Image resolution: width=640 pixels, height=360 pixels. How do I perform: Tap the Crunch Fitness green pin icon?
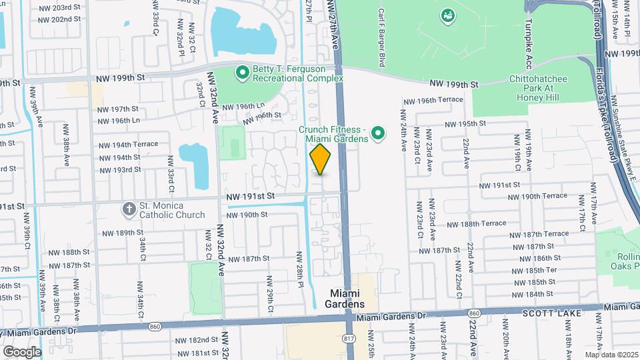(378, 133)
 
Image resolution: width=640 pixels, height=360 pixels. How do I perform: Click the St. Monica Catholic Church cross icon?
(129, 209)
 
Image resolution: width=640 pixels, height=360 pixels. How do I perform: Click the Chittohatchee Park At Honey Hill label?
(542, 88)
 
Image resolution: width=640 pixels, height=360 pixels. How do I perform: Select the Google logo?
(21, 351)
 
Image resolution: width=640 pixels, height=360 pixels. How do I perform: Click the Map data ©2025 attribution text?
(610, 355)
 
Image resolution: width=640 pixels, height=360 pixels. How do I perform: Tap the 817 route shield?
(349, 338)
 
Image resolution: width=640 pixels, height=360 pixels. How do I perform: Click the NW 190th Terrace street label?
(545, 197)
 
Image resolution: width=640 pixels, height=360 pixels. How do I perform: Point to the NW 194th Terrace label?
(129, 144)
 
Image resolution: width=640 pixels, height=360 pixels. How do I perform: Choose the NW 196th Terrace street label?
(432, 100)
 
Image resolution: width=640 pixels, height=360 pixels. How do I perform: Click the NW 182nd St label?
(201, 340)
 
